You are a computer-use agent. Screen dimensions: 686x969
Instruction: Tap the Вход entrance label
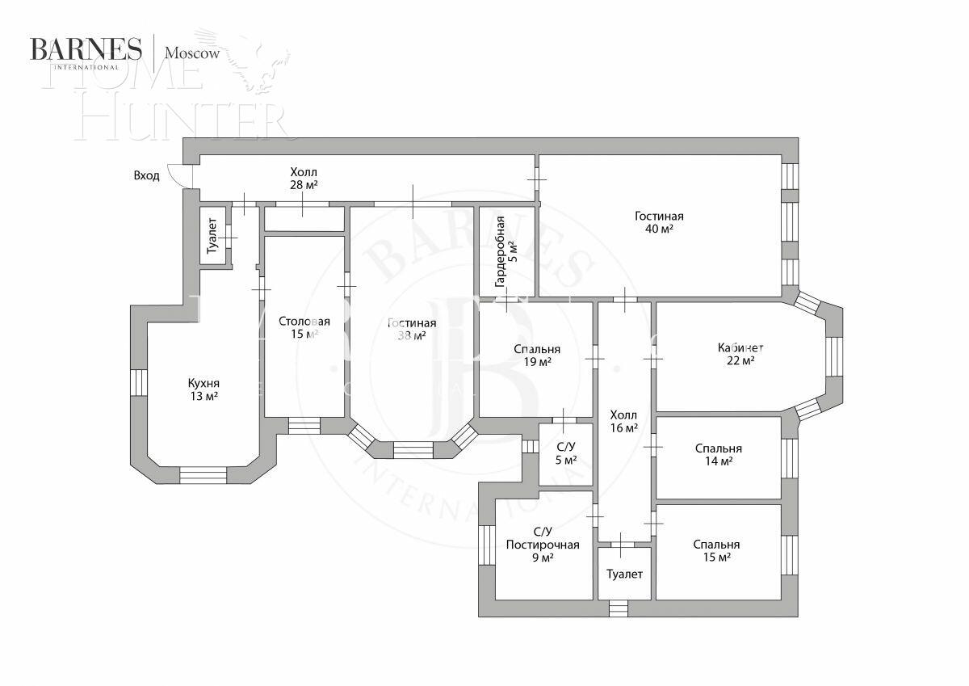(146, 175)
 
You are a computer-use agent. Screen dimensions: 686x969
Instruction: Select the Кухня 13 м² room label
(203, 389)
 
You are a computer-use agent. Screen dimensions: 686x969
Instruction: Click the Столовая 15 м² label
(304, 328)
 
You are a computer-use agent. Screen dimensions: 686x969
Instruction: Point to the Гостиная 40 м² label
(659, 222)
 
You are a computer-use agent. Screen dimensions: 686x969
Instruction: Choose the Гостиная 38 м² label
(412, 330)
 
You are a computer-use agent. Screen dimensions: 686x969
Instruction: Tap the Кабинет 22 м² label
(740, 354)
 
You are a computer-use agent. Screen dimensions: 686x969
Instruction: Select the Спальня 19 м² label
(537, 356)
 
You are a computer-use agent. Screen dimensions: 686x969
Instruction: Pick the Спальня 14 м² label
(718, 455)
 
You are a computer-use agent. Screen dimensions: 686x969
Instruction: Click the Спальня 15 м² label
(716, 551)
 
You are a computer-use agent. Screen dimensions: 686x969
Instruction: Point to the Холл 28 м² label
(304, 179)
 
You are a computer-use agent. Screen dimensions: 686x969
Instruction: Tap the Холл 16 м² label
(624, 422)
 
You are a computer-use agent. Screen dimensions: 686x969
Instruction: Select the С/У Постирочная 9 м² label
(543, 545)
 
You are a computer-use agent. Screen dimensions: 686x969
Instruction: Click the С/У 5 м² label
(566, 453)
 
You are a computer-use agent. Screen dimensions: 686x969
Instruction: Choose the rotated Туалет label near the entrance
(212, 235)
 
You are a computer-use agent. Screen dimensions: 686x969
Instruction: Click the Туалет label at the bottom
(625, 574)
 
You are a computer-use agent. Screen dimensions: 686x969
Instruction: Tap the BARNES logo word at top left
(86, 49)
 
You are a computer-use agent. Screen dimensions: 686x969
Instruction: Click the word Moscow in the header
(192, 53)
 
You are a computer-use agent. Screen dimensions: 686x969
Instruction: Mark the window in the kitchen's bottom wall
(203, 475)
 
